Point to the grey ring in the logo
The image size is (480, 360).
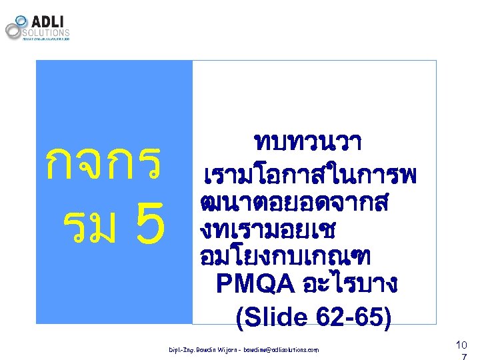click(15, 30)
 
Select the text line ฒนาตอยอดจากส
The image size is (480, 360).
click(293, 202)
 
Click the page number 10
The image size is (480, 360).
click(461, 344)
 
